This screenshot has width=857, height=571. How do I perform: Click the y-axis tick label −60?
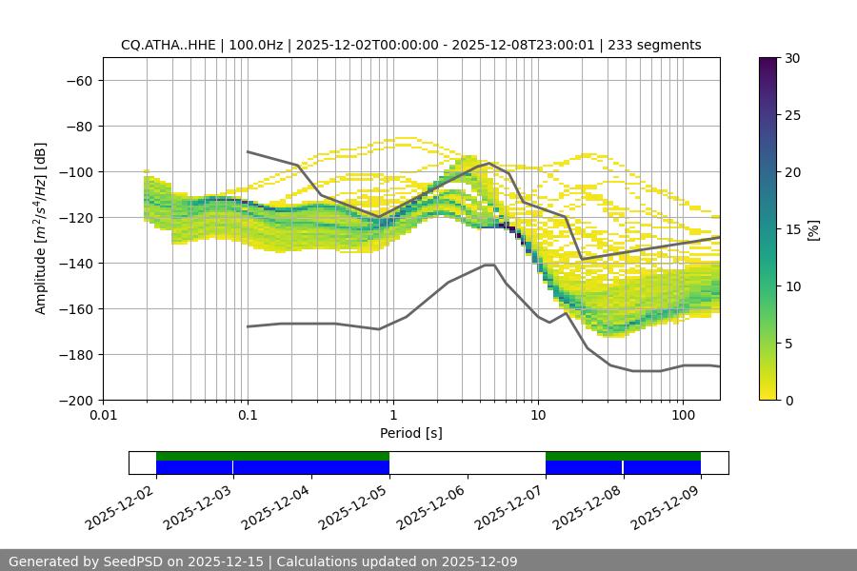tap(78, 80)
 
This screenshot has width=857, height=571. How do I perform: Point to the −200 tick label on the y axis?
tap(74, 400)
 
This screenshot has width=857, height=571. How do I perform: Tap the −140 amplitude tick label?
tap(74, 263)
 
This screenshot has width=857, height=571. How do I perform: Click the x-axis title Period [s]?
tap(410, 433)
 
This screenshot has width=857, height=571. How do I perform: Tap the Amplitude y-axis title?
tap(41, 228)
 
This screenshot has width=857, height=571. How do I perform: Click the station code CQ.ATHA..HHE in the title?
tap(179, 45)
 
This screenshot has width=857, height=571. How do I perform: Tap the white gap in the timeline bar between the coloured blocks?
tap(467, 463)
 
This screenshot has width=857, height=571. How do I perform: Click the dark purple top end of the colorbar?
tap(768, 63)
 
